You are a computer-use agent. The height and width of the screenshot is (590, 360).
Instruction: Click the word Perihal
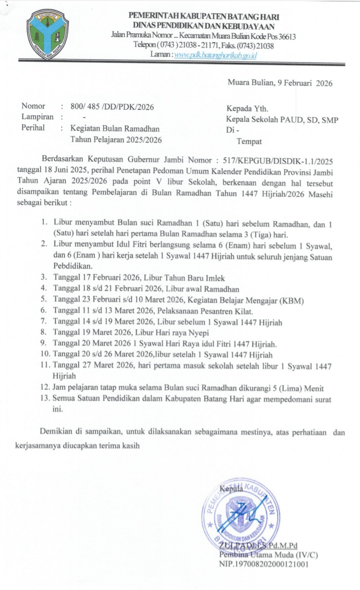pyautogui.click(x=33, y=127)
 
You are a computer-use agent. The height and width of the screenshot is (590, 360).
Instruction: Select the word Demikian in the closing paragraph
pyautogui.click(x=56, y=431)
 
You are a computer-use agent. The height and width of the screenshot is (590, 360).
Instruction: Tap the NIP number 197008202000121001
pyautogui.click(x=263, y=564)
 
